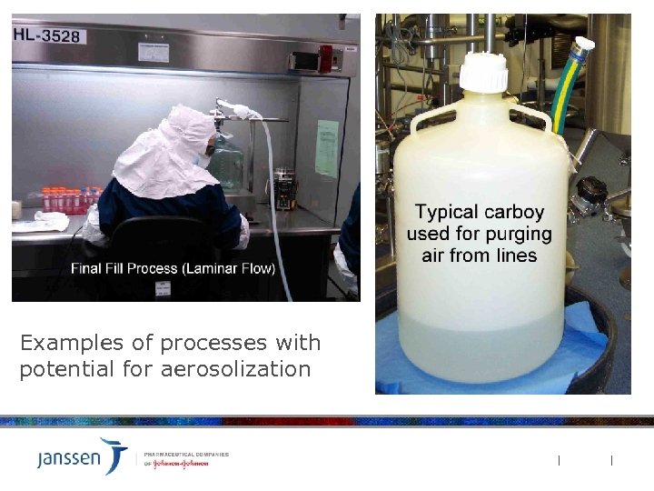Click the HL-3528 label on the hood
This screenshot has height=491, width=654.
click(46, 36)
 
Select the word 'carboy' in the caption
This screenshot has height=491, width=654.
click(511, 213)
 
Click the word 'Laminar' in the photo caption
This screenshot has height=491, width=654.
click(203, 268)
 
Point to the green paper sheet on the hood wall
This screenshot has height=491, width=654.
click(326, 148)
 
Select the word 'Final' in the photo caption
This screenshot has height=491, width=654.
click(88, 268)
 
